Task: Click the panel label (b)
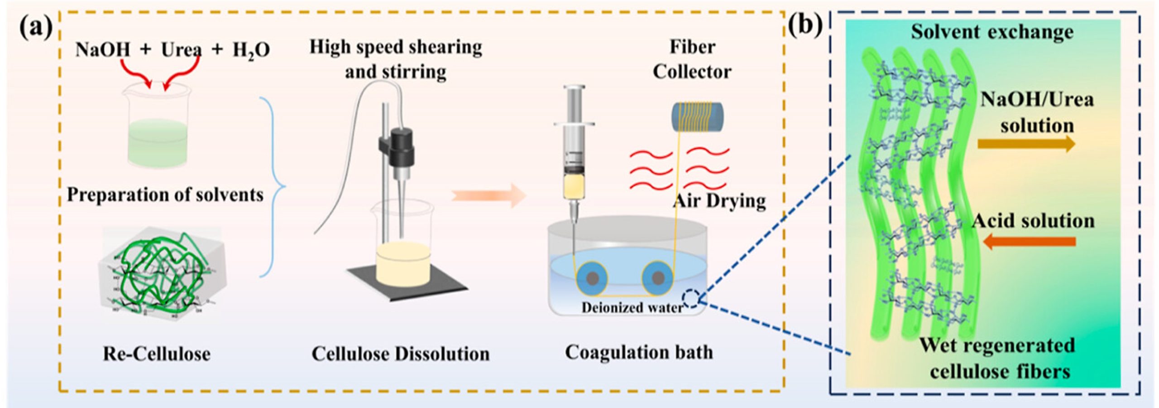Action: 805,25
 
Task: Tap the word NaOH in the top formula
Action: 102,49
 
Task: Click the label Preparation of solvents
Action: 165,195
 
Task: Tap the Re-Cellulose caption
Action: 157,354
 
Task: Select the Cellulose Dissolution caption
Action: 400,354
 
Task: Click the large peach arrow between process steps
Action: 489,195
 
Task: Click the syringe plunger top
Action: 574,88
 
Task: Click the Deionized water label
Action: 632,308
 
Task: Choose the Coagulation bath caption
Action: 639,352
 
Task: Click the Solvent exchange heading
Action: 992,32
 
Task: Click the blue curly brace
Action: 274,186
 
